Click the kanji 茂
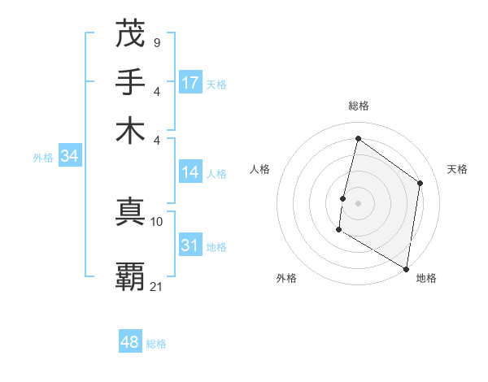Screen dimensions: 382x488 (x=131, y=35)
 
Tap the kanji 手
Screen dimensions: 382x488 (x=131, y=83)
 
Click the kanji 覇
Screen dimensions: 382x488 (x=131, y=276)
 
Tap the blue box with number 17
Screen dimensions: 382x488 (x=190, y=83)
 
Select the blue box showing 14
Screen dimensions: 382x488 (x=190, y=172)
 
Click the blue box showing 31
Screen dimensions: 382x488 (x=190, y=245)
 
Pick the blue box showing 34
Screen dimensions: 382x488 (x=69, y=157)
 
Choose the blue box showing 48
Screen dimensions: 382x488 (x=130, y=342)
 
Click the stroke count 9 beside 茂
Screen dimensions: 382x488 (x=156, y=42)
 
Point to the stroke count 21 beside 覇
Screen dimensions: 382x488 (x=157, y=285)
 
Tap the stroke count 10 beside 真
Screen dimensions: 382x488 (x=157, y=221)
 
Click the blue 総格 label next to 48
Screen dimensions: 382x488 (x=156, y=344)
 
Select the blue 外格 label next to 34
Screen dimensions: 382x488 (x=43, y=158)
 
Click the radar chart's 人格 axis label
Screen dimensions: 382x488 (x=260, y=169)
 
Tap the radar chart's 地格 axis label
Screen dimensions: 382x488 (x=426, y=278)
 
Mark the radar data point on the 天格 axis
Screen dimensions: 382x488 (x=420, y=183)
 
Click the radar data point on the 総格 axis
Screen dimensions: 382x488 (x=358, y=138)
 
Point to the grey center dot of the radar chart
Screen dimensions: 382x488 (x=358, y=202)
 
